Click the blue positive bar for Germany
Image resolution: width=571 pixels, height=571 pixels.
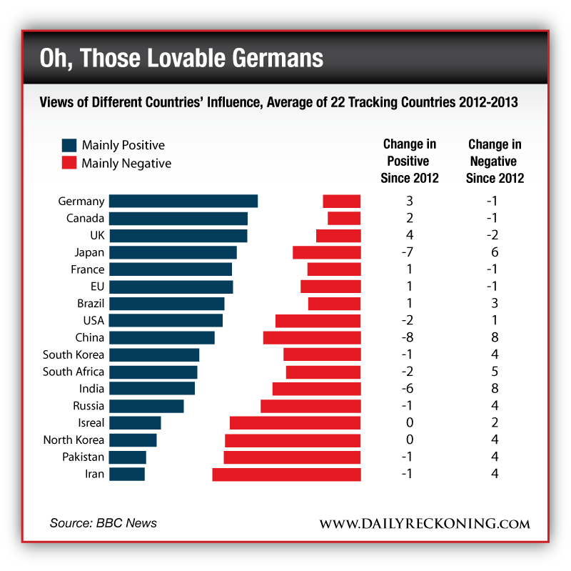point(183,202)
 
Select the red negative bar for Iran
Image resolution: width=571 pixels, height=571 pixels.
point(286,474)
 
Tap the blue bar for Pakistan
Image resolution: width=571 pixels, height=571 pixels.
point(128,457)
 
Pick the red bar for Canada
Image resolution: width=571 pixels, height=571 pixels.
point(344,218)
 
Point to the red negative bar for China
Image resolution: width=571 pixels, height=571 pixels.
point(312,337)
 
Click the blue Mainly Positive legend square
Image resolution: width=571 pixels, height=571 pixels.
point(69,145)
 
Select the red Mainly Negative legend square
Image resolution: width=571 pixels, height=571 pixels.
point(69,163)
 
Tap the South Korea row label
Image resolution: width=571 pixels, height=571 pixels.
point(74,354)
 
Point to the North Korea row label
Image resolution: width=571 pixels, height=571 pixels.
point(74,440)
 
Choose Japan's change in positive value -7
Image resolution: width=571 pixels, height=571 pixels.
point(409,252)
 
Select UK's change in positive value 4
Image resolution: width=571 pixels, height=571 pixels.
point(410,235)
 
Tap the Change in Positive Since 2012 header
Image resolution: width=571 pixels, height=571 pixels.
point(410,162)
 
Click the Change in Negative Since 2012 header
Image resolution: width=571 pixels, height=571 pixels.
point(494,162)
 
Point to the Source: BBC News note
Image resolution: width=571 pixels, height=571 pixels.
point(103,523)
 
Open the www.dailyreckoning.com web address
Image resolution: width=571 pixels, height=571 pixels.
point(424,524)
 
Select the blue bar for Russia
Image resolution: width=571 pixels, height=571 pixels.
point(146,406)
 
